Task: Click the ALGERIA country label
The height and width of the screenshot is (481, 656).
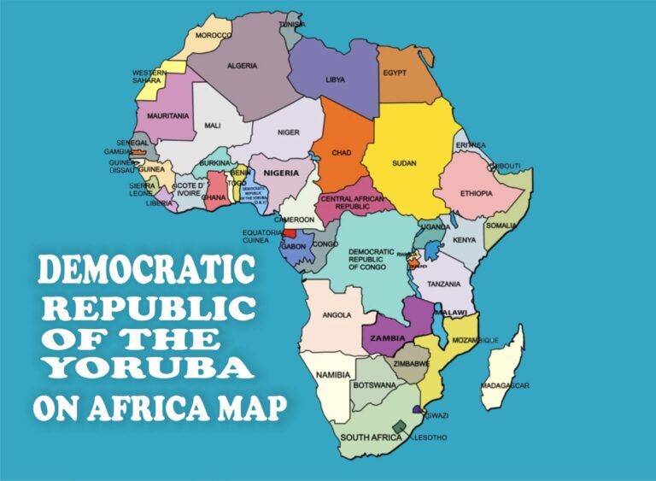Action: [243, 66]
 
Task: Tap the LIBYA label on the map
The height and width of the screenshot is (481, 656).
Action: [336, 79]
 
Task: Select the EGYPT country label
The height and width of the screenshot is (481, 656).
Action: [395, 73]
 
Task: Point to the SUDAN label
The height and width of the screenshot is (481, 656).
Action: [404, 162]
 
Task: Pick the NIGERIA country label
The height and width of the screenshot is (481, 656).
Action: [281, 173]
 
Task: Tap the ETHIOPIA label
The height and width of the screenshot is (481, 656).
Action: [477, 193]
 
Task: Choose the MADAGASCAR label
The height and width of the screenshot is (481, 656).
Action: [505, 385]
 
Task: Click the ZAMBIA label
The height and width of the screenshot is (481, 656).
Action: [387, 338]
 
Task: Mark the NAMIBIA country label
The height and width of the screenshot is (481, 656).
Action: [333, 375]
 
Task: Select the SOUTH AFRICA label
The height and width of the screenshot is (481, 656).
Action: [371, 437]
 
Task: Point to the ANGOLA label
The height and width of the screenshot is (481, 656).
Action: [337, 314]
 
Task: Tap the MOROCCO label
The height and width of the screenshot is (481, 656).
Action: [214, 35]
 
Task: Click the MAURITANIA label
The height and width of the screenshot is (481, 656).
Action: [167, 115]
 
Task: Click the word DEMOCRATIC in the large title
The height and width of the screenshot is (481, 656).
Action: [147, 271]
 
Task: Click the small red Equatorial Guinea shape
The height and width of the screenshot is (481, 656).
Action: [290, 232]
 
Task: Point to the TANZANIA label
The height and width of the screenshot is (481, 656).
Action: [444, 283]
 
